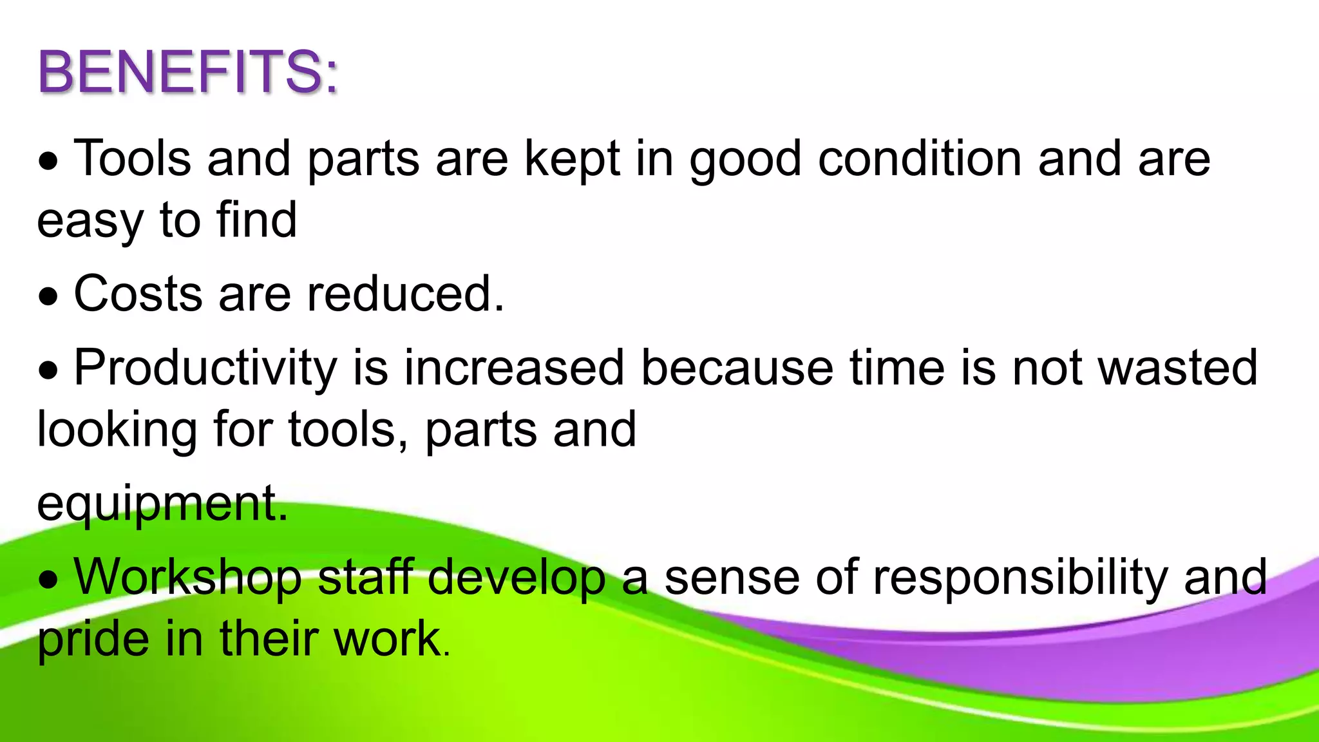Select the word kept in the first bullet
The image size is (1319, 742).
(x=572, y=158)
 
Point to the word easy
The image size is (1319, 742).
(x=90, y=221)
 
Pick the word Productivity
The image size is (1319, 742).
(x=205, y=368)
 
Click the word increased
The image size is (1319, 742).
(x=514, y=368)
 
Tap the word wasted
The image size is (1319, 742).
(x=1177, y=368)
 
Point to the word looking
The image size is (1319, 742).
(x=117, y=430)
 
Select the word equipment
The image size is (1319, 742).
(x=161, y=504)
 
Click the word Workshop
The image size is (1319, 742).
(x=187, y=576)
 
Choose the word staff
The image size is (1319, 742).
(x=365, y=576)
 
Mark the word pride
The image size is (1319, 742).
(x=93, y=639)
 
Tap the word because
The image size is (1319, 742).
(x=737, y=368)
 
